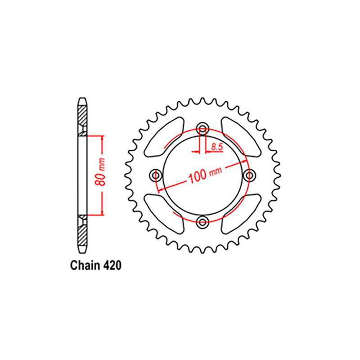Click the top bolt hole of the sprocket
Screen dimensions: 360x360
coord(202,128)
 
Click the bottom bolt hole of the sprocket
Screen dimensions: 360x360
coord(202,222)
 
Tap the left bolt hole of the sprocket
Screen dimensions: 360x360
coord(156,175)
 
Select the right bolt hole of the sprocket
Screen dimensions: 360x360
coord(249,175)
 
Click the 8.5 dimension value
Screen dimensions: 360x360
coord(217,147)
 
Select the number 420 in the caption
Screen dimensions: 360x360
coord(112,265)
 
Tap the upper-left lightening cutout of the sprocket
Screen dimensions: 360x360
coord(164,137)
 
